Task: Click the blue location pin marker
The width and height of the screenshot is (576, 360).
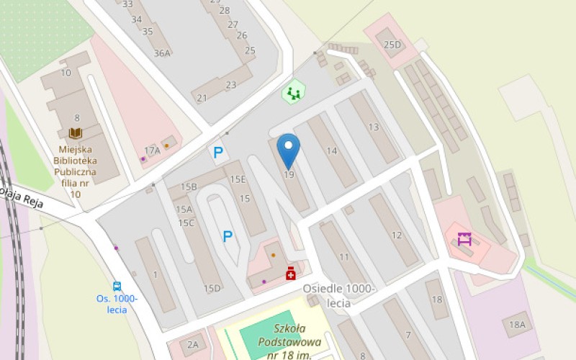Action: (289, 149)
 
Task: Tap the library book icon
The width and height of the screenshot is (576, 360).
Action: (75, 133)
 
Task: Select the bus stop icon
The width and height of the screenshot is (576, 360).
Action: (117, 286)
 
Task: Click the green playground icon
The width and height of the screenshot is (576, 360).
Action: (293, 92)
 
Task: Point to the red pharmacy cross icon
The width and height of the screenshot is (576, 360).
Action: (291, 273)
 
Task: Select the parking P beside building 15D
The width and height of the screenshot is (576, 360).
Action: (228, 235)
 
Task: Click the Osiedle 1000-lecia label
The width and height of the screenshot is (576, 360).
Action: (338, 295)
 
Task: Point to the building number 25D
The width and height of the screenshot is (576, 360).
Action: (392, 45)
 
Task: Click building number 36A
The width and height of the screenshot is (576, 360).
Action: (162, 53)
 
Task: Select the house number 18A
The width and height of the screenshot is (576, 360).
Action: (517, 325)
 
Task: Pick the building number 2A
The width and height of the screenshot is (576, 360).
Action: (192, 345)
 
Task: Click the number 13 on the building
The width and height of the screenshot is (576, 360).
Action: (373, 127)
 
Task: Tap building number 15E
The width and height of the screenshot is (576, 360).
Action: (238, 179)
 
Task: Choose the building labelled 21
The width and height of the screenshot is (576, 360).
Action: (202, 98)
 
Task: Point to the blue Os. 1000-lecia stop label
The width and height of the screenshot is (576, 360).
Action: (116, 304)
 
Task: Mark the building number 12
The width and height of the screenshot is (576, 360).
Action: (397, 235)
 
